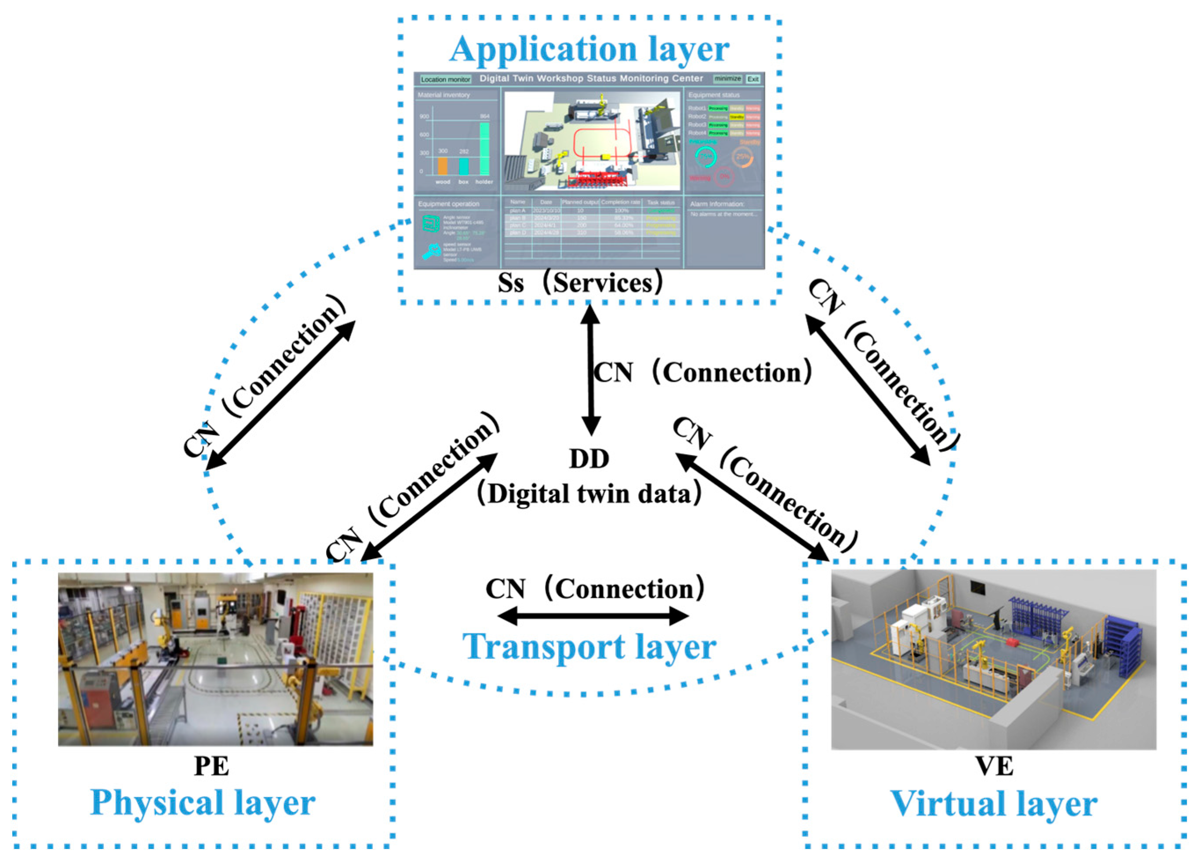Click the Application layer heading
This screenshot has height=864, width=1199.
click(x=589, y=49)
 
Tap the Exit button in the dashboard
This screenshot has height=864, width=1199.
click(x=753, y=79)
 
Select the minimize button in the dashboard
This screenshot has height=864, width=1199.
click(x=727, y=79)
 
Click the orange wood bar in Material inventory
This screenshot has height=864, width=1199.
click(x=443, y=166)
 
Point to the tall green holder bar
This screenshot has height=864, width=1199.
click(x=484, y=149)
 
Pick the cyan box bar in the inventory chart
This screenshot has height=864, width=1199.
click(x=464, y=167)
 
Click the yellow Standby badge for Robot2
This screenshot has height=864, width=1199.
click(x=737, y=117)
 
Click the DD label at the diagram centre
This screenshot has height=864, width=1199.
click(x=589, y=459)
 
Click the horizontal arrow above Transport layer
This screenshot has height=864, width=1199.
click(x=593, y=616)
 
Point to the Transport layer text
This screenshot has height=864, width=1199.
click(x=589, y=647)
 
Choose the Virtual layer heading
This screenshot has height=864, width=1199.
click(x=994, y=804)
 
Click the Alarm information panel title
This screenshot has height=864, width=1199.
click(x=717, y=204)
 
